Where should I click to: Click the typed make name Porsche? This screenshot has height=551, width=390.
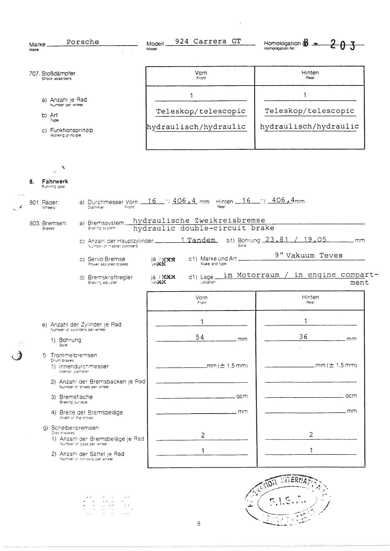pyautogui.click(x=83, y=42)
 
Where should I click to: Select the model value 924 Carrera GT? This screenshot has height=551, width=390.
pyautogui.click(x=208, y=41)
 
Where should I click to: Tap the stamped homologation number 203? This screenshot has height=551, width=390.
pyautogui.click(x=343, y=46)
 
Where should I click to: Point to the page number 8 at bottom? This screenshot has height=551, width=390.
pyautogui.click(x=198, y=524)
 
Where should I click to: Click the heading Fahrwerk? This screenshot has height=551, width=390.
pyautogui.click(x=55, y=181)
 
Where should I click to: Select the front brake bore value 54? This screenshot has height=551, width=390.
pyautogui.click(x=200, y=337)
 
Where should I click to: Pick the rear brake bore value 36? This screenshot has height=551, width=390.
pyautogui.click(x=303, y=337)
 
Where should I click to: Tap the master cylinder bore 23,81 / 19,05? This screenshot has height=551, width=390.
pyautogui.click(x=296, y=239)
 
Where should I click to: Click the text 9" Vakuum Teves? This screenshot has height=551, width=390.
pyautogui.click(x=309, y=255)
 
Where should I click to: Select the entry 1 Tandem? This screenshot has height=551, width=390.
pyautogui.click(x=198, y=240)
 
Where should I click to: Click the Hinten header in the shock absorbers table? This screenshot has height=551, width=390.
pyautogui.click(x=310, y=73)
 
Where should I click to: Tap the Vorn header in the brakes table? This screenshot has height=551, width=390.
pyautogui.click(x=201, y=298)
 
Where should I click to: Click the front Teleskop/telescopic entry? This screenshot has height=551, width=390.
pyautogui.click(x=201, y=111)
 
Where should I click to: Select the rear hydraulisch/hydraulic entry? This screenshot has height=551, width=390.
pyautogui.click(x=309, y=126)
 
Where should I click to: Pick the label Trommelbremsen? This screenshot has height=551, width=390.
pyautogui.click(x=74, y=355)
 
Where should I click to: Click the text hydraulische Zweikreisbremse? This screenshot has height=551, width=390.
pyautogui.click(x=199, y=220)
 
